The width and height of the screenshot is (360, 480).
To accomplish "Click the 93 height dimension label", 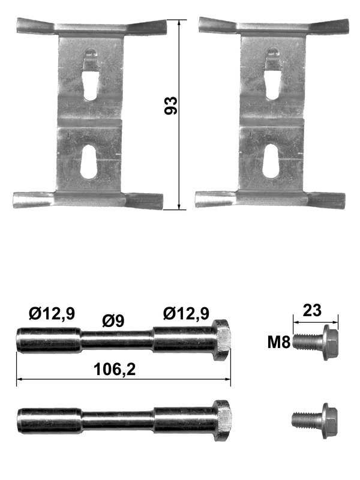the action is tap(170, 106).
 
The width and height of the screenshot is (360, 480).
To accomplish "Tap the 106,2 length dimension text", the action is tap(115, 369).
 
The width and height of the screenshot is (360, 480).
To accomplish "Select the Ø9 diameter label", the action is tap(113, 321).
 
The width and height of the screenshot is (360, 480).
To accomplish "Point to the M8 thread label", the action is tap(278, 342).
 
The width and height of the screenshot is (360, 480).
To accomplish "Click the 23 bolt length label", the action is tap(312, 310).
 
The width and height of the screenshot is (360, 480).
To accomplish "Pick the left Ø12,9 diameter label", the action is tap(52, 313).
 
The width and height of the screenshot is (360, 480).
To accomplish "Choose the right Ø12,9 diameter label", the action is tap(187, 313).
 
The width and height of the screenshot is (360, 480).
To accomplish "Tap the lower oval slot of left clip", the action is tap(89, 161).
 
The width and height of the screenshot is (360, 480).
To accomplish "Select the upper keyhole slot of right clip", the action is tap(274, 73).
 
